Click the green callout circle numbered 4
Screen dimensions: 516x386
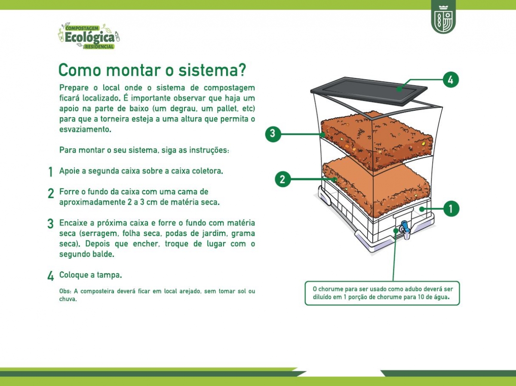click(x=451, y=80)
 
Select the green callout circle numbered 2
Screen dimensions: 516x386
click(x=283, y=179)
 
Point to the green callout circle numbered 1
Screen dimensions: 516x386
click(x=451, y=209)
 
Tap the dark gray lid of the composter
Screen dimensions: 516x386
click(x=369, y=90)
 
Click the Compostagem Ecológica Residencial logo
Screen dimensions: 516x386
click(x=89, y=36)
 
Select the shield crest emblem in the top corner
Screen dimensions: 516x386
click(x=443, y=17)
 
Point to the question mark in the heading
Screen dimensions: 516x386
click(x=240, y=70)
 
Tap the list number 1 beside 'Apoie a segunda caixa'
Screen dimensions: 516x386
click(x=50, y=172)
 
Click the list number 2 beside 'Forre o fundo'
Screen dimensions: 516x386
click(x=51, y=193)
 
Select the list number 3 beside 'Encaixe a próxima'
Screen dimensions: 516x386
click(x=51, y=224)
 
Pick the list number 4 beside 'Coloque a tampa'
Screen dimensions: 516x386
click(x=51, y=276)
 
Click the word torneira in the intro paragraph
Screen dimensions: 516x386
click(x=115, y=119)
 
